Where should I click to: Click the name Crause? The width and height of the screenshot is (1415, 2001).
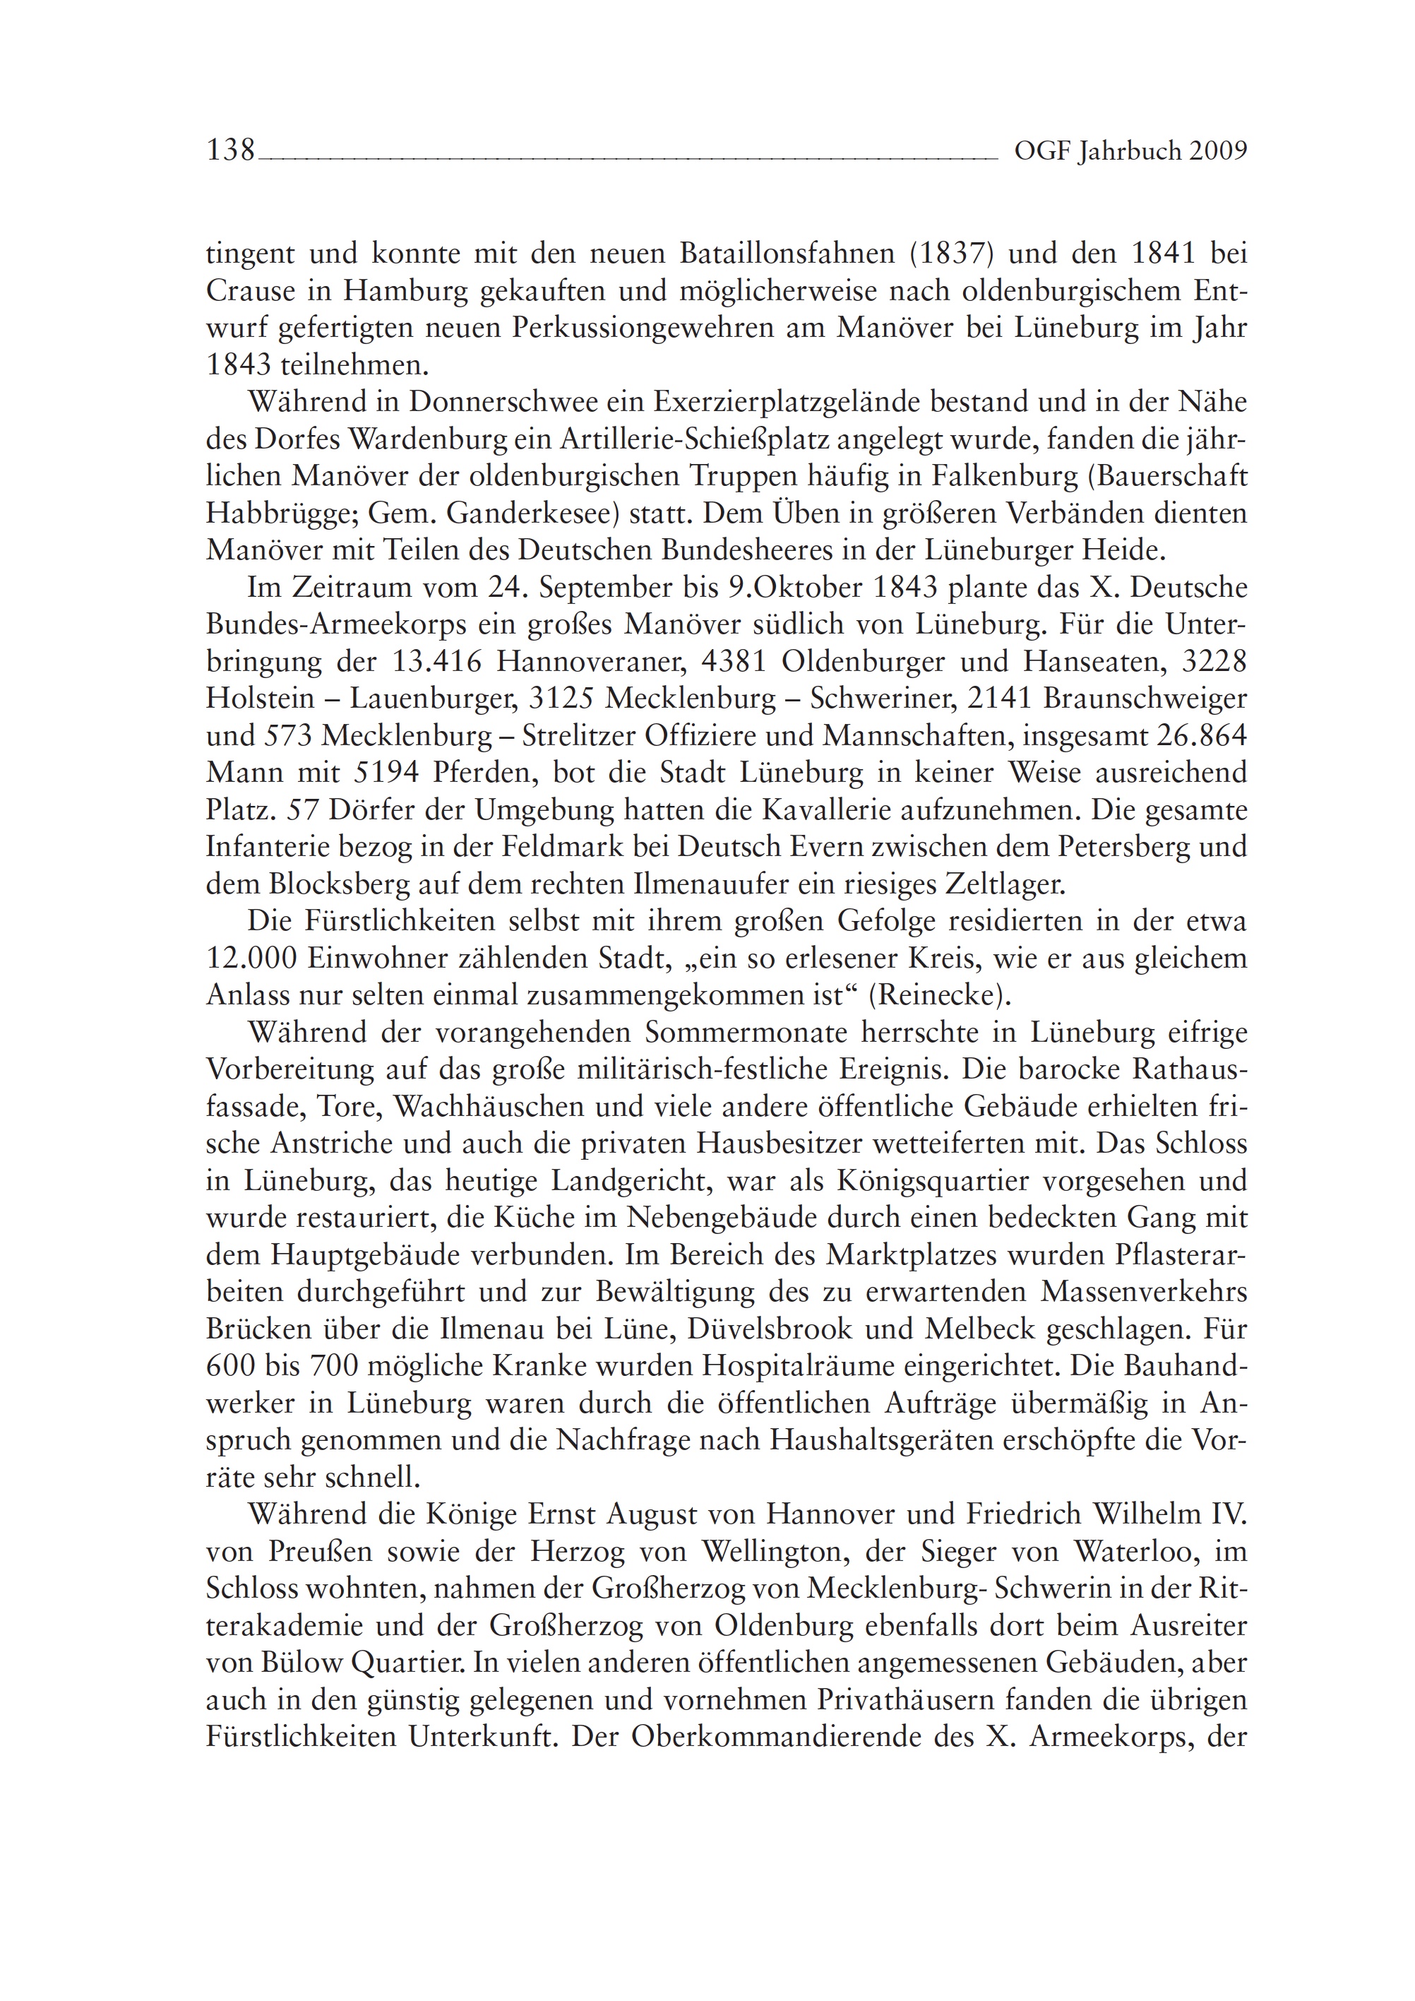250,291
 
